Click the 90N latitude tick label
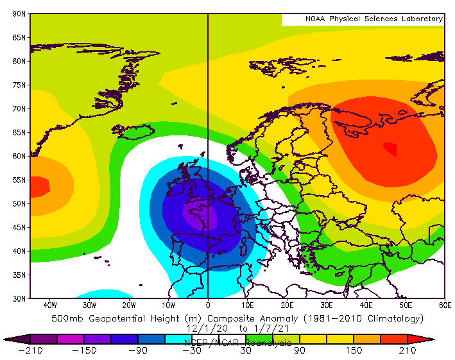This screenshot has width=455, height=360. [x=19, y=13]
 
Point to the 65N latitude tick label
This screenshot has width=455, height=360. [x=19, y=132]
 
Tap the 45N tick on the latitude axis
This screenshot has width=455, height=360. [x=19, y=227]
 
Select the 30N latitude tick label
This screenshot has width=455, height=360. [x=19, y=298]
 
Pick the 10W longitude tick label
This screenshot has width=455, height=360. [x=168, y=305]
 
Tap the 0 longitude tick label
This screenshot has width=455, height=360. [x=208, y=305]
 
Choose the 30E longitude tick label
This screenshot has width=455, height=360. [x=327, y=305]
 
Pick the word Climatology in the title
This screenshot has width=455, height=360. [x=389, y=318]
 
